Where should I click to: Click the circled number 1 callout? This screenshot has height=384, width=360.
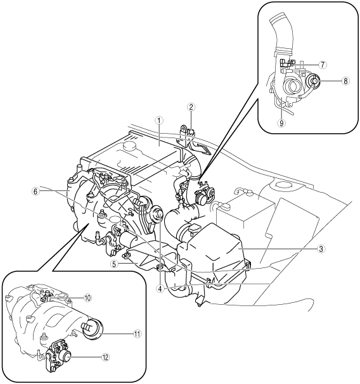click(x=159, y=120)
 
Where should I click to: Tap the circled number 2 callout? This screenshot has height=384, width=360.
click(x=191, y=107)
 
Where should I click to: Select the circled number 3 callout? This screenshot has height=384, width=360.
click(x=321, y=249)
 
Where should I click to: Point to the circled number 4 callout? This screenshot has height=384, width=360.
click(x=160, y=289)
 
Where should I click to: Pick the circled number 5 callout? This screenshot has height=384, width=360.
click(x=113, y=264)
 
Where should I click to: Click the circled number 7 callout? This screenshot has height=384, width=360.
click(x=323, y=65)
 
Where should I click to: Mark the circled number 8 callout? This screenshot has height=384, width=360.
click(x=345, y=81)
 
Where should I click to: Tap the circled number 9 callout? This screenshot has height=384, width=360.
click(x=281, y=123)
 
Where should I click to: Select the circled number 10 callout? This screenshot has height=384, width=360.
click(x=87, y=298)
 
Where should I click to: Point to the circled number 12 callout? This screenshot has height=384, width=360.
click(x=106, y=357)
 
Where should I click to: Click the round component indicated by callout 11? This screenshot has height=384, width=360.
click(x=93, y=329)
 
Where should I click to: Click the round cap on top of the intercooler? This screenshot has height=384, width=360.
click(x=129, y=145)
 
